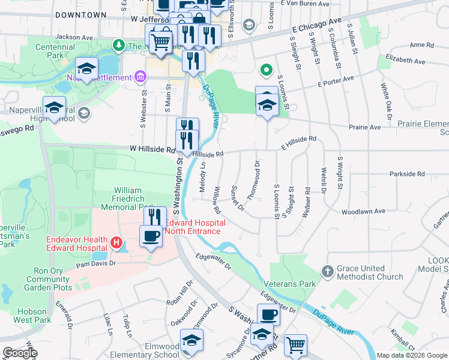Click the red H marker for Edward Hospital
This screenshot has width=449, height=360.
coord(117,243)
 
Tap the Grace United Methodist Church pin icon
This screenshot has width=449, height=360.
coord(327,271)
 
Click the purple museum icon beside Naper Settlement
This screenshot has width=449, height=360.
coord(140,76)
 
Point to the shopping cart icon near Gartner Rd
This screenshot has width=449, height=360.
coord(295,345)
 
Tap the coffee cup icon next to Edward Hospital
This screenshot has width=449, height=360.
coord(151,235)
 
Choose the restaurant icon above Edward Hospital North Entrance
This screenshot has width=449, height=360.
coord(155,216)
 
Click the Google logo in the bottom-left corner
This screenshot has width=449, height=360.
coord(20,353)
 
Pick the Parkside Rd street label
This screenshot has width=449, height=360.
coord(406,174)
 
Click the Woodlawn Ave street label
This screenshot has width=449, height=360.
coord(363,212)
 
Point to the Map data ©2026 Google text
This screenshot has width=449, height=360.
coord(411,355)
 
